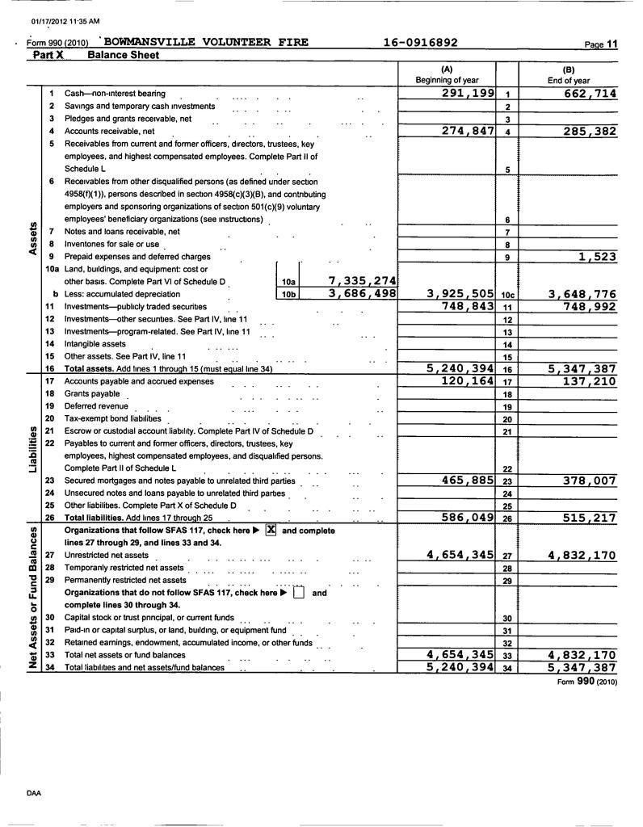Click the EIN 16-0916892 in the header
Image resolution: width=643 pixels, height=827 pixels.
pos(420,42)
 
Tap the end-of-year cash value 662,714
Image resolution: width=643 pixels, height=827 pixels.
pos(580,94)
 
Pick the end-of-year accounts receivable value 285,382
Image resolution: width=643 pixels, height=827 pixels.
pos(580,131)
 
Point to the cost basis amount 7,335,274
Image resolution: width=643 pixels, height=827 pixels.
pos(362,280)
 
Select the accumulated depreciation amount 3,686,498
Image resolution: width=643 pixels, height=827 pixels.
pos(362,294)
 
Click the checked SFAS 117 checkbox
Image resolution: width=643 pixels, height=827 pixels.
pos(271,531)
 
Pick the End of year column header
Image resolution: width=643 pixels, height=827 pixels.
pos(569,80)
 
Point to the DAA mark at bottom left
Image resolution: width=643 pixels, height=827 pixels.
pos(33,793)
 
